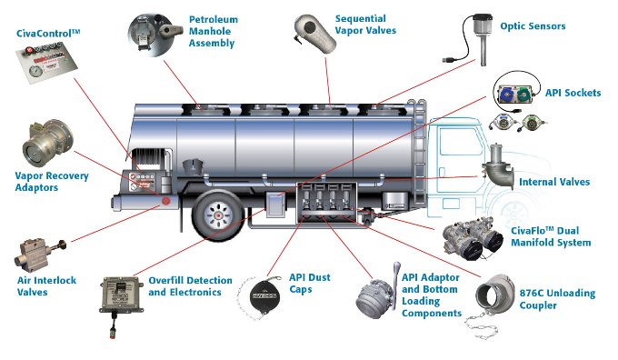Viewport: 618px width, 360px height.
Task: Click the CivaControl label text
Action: coord(48,33)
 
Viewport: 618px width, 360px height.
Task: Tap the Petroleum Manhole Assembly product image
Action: coord(154,35)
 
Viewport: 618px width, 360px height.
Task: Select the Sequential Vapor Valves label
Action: coord(365,25)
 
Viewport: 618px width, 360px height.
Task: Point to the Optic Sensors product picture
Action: coord(473,40)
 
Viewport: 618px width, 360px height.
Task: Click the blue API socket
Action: coord(505,95)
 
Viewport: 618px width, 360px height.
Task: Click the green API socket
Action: coord(523,95)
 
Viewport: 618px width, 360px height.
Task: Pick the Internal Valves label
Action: coord(554,182)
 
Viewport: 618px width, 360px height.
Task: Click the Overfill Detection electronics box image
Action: coord(122,293)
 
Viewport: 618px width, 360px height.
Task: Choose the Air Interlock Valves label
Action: coord(46,286)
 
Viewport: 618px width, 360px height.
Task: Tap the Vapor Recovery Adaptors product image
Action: coord(48,143)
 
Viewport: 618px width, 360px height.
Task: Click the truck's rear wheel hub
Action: coord(217,215)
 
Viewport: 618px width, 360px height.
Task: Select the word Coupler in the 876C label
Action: coord(538,305)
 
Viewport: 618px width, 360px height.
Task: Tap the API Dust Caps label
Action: coord(310,283)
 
